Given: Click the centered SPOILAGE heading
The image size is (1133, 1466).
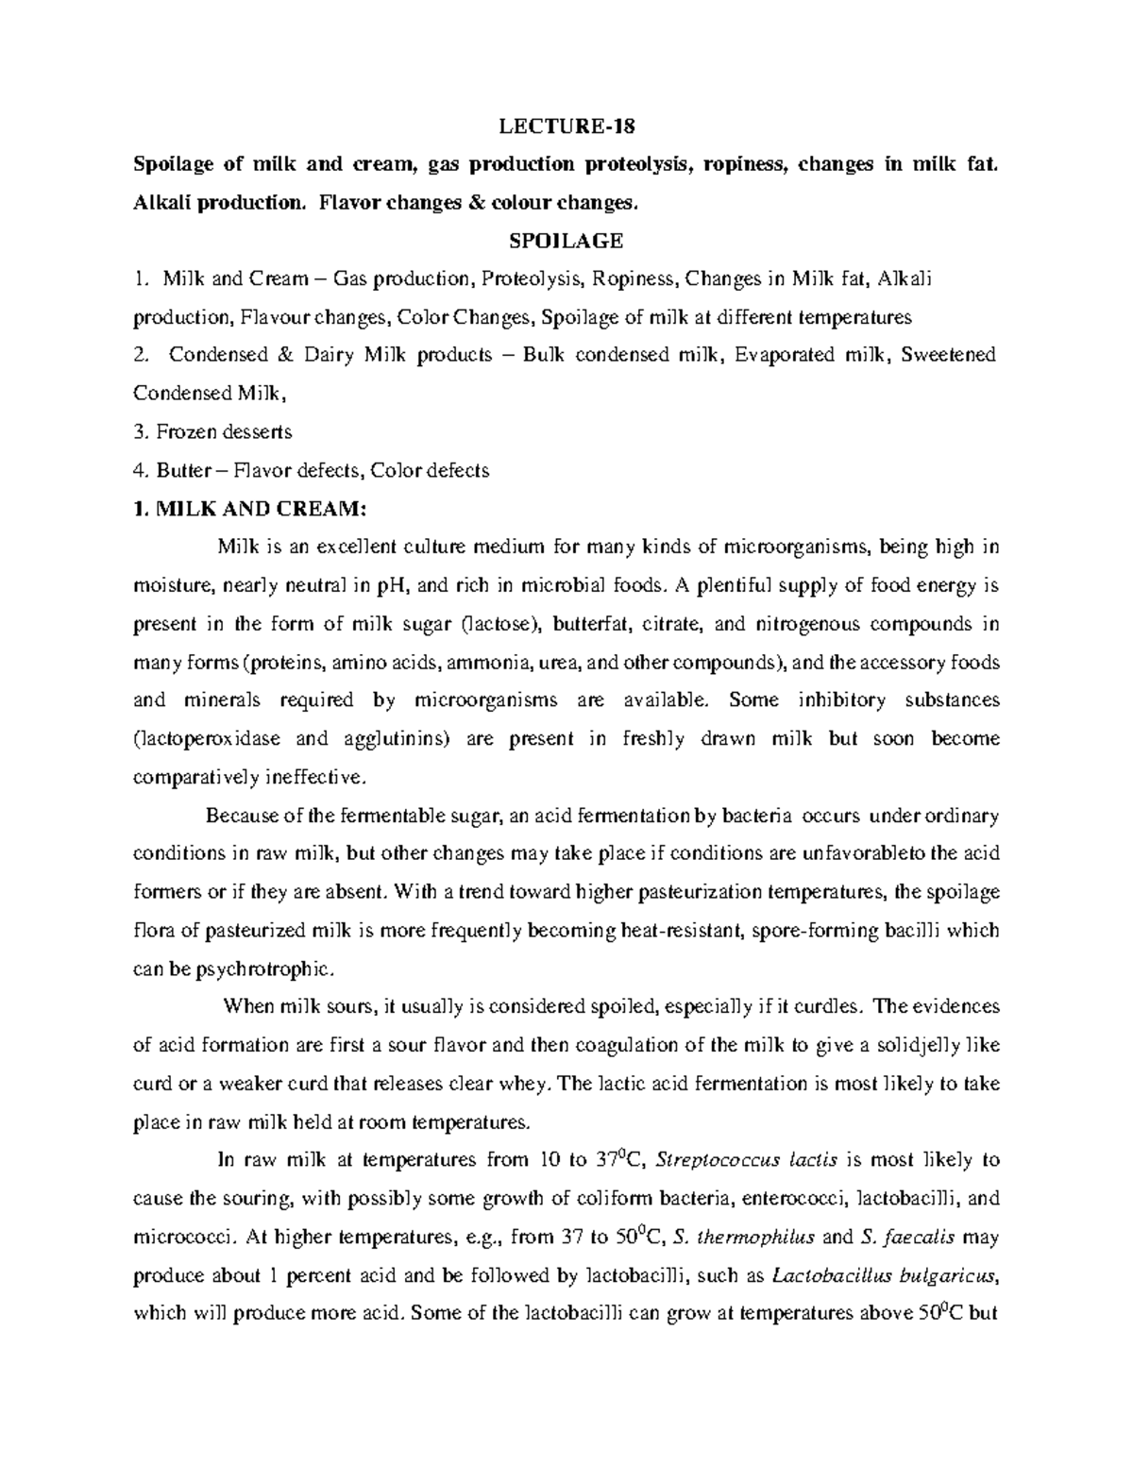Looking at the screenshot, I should point(566,241).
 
